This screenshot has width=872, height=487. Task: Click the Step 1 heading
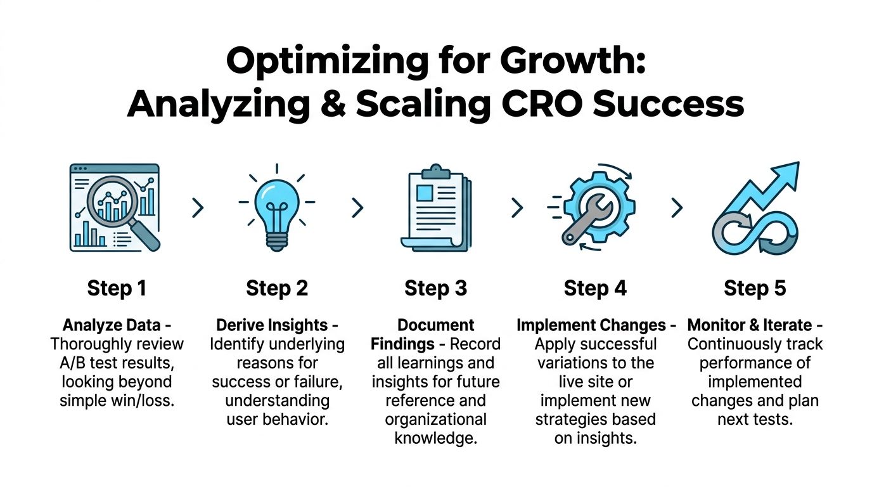point(117,289)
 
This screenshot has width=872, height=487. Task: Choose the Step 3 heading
point(435,289)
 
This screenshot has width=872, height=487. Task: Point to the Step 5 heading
point(755,289)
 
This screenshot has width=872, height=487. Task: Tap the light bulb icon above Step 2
point(276,206)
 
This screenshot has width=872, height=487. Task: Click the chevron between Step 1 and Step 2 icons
point(198,207)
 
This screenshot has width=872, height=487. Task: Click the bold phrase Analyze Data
point(112,326)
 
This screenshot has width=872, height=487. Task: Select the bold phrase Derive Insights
point(272,326)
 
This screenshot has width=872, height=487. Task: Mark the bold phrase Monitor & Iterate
point(750,326)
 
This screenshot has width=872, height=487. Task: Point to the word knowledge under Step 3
point(435,438)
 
